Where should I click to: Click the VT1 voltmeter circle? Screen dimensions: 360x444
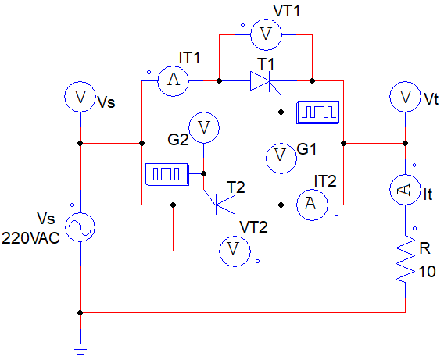(x=265, y=34)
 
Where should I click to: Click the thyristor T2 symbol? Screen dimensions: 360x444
(x=226, y=205)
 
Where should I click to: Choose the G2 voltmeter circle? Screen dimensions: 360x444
(x=203, y=126)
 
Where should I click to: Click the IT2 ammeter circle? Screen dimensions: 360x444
(x=310, y=205)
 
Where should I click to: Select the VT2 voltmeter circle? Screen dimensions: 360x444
(x=232, y=250)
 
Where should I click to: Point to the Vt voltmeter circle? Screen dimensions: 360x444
(x=405, y=97)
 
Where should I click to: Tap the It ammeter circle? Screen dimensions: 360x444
(x=405, y=190)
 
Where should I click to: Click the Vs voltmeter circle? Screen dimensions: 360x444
(x=80, y=97)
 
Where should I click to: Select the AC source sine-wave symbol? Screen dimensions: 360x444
(x=80, y=228)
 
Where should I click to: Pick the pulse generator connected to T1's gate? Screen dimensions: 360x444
(x=318, y=112)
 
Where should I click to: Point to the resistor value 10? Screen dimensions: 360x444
(x=427, y=273)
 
